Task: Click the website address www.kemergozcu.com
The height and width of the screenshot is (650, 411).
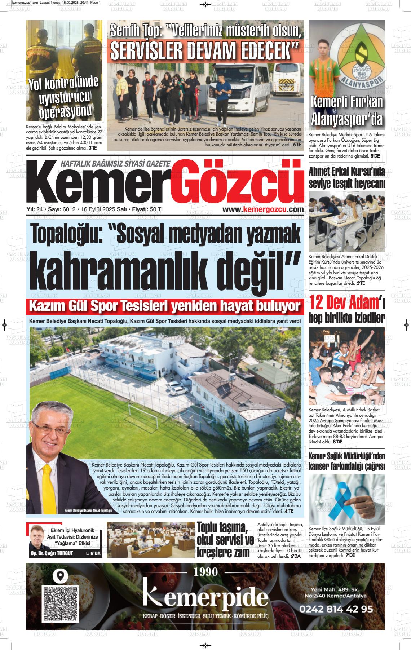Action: click(x=263, y=209)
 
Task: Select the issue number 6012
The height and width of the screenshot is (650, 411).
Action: click(x=68, y=209)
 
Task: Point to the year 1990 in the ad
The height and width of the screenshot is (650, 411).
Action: click(x=206, y=572)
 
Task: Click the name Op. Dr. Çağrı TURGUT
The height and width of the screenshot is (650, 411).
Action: click(x=52, y=553)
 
